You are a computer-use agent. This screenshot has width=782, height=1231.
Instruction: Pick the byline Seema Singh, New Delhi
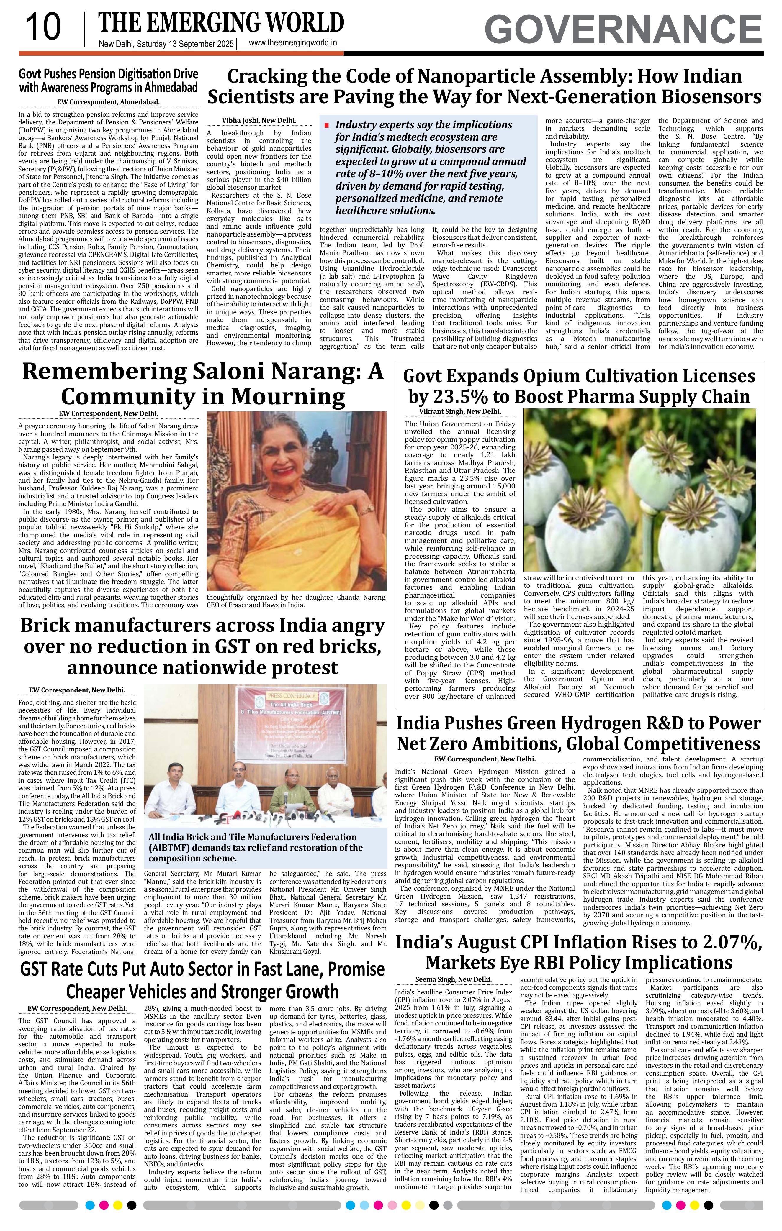tap(453, 979)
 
